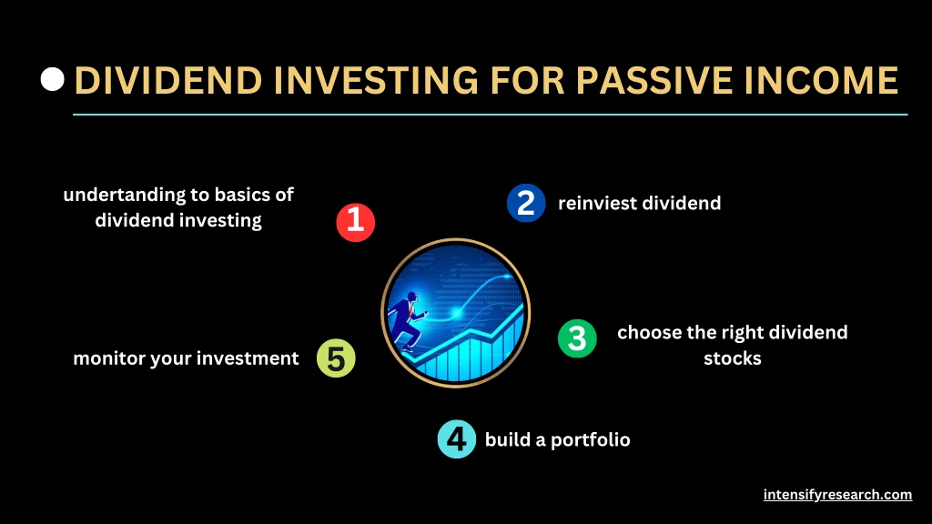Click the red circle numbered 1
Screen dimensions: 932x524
tap(356, 222)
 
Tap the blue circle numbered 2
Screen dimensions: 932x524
tap(526, 203)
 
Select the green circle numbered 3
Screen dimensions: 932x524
tap(577, 338)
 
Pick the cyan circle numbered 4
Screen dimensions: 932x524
tap(457, 439)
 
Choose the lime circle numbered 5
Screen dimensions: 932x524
tap(336, 358)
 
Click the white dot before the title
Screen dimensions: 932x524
tap(52, 80)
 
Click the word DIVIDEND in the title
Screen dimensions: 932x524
tap(168, 80)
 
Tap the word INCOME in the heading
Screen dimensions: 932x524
tap(822, 80)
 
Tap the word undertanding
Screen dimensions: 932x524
tap(124, 196)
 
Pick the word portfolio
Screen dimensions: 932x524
tap(590, 440)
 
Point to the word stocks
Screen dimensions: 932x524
tap(733, 358)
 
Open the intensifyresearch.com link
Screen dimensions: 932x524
tap(837, 495)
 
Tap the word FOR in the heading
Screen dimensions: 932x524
tap(527, 80)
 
